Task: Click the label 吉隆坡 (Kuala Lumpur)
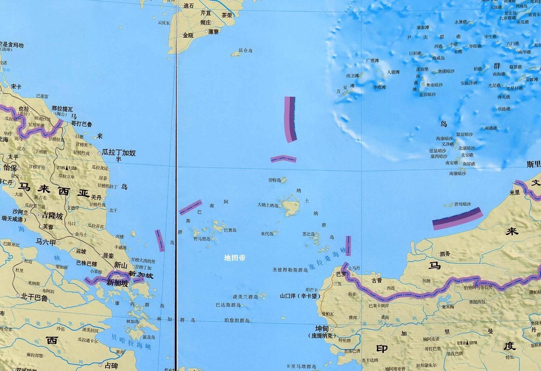52,216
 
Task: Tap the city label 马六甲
46,242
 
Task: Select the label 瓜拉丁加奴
118,153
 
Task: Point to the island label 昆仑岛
245,51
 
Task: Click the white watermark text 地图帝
235,258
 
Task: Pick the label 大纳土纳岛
268,205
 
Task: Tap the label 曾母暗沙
462,204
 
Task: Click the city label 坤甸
322,328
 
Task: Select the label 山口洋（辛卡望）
298,296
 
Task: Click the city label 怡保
10,168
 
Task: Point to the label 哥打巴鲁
82,124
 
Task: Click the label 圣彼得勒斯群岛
290,270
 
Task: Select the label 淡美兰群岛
245,297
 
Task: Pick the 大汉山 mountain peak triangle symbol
66,168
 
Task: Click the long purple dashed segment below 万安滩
290,120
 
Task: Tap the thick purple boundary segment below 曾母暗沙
457,218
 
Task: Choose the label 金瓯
188,36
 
